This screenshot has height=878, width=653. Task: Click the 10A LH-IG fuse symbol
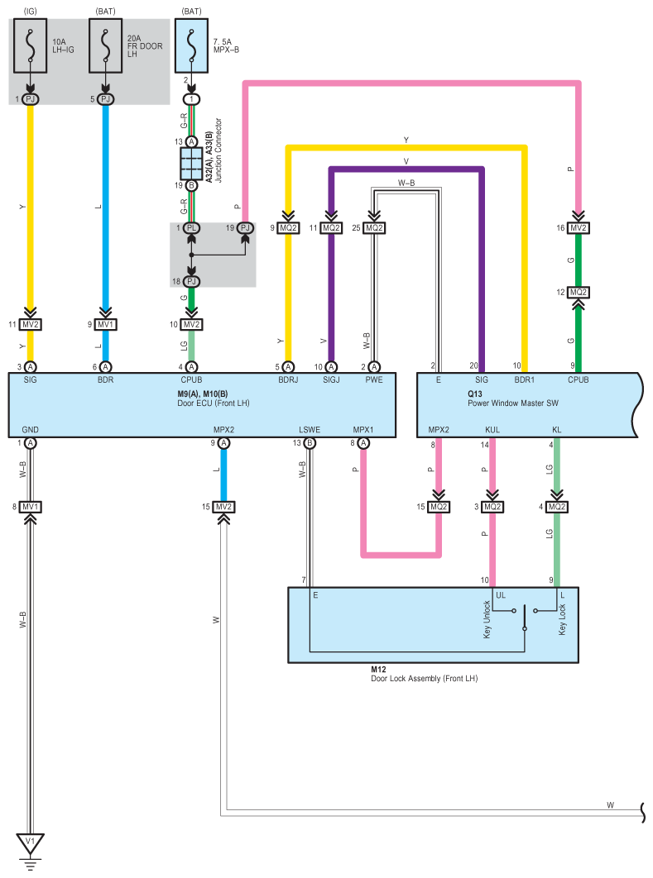pos(31,46)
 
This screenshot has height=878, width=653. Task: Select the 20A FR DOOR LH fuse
pos(105,46)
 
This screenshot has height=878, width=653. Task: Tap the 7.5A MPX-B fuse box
pos(192,46)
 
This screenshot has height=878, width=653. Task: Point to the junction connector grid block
pos(191,164)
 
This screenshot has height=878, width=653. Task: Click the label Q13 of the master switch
pos(475,394)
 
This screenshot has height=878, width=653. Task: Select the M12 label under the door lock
pos(378,669)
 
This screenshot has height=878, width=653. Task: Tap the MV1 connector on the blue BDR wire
pos(105,324)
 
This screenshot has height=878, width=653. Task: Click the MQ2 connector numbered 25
pos(374,228)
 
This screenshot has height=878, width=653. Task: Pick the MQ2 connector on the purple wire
pos(331,228)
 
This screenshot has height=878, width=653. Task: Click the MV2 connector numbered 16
pos(579,228)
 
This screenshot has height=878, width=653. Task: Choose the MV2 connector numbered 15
pos(223,507)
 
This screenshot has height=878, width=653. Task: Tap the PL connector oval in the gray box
pos(191,228)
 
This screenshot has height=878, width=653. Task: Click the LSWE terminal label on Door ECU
pos(310,429)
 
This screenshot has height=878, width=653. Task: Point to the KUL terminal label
pos(492,429)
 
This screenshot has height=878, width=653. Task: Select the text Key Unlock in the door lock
pos(487,619)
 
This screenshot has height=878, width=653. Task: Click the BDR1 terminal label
pos(525,379)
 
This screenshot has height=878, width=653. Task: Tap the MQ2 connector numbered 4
pos(557,507)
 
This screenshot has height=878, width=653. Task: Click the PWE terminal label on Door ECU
pos(374,379)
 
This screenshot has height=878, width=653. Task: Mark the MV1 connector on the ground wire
pos(31,507)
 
